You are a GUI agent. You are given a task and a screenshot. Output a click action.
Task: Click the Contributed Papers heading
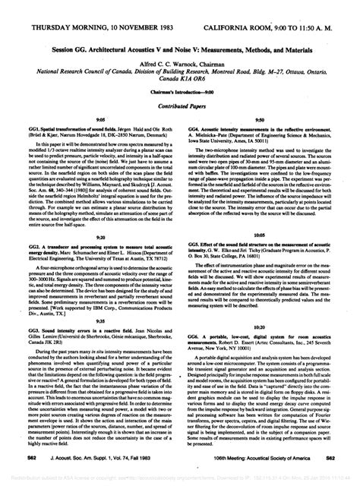click(180, 99)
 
